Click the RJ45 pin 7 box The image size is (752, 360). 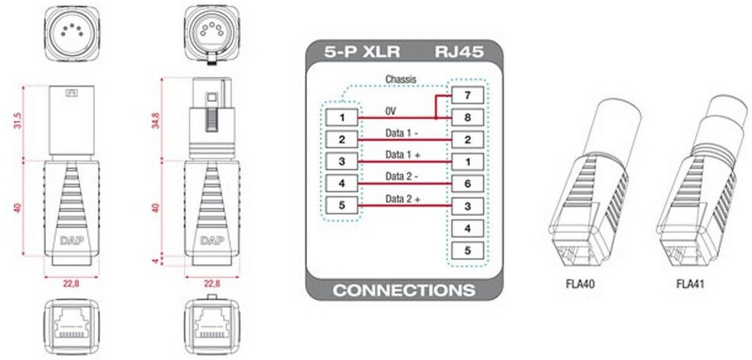click(x=467, y=96)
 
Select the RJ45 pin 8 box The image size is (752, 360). click(x=467, y=118)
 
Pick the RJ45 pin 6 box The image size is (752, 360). click(x=467, y=184)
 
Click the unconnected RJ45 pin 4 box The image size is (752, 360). click(x=467, y=228)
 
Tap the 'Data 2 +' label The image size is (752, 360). click(x=403, y=199)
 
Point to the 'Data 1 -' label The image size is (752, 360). click(x=401, y=133)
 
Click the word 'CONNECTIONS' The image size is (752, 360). click(x=404, y=291)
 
